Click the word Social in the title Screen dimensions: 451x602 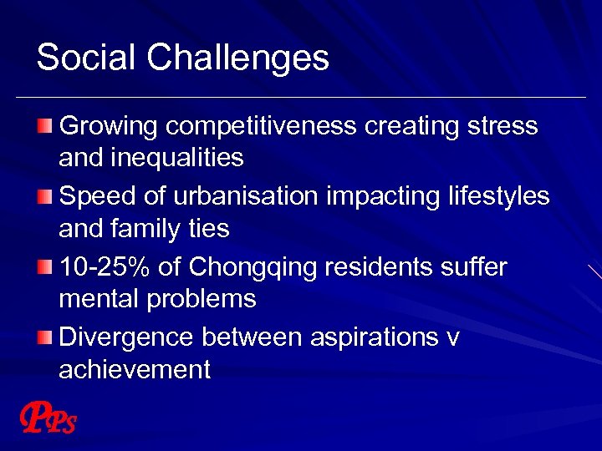[x=85, y=58]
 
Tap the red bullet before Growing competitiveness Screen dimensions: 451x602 [x=44, y=126]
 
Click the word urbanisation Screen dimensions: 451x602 [x=247, y=196]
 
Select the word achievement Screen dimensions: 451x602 [x=134, y=369]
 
